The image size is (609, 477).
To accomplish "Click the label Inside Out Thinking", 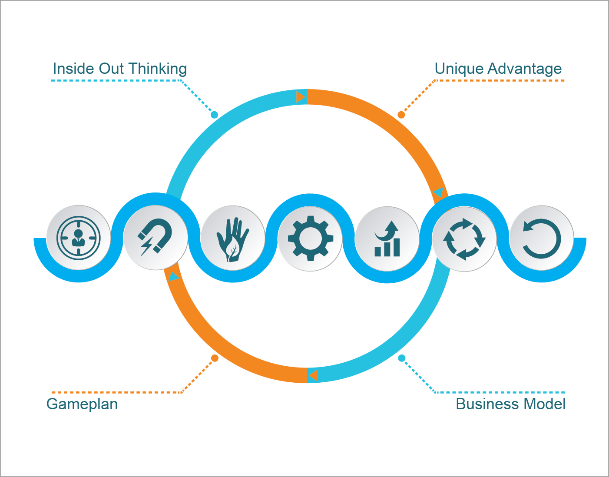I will (119, 69).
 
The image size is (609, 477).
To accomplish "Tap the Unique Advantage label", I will (498, 69).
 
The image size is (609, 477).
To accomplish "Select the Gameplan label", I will (82, 404).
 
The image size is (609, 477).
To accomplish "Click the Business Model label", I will (510, 404).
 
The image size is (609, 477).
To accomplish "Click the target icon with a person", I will (79, 238).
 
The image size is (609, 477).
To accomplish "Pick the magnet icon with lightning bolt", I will (156, 238).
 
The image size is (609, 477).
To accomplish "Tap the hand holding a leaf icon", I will (233, 239).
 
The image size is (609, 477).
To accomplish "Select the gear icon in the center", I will (310, 238).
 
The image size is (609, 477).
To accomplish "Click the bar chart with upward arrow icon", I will (387, 239).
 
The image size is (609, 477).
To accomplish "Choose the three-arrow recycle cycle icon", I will (464, 239).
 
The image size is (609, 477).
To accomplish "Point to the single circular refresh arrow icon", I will (542, 238).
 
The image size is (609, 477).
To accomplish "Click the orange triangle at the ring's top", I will (300, 97).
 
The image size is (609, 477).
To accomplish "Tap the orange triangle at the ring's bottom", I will (313, 375).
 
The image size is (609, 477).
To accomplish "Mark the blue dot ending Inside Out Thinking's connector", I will (214, 115).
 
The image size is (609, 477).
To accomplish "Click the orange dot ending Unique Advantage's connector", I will (401, 115).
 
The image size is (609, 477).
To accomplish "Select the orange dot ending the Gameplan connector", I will (215, 358).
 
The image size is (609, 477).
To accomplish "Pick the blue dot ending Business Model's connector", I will (402, 358).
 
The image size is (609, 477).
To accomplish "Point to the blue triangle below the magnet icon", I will (173, 277).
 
